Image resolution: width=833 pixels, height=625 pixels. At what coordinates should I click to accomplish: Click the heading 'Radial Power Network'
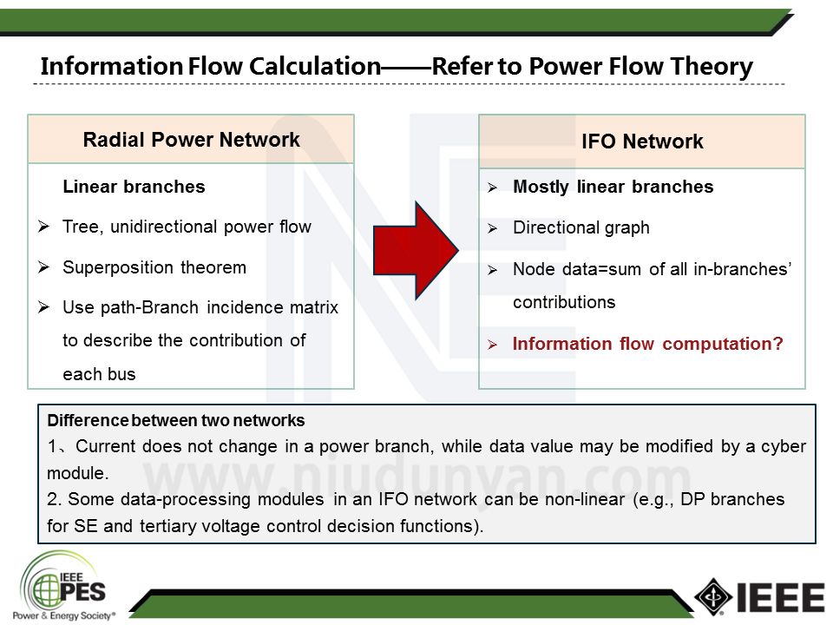[191, 140]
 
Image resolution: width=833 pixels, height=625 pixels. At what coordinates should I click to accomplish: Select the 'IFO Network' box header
[642, 141]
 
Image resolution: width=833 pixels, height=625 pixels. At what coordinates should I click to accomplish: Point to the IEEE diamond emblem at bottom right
[713, 596]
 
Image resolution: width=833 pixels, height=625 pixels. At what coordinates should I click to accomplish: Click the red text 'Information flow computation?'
[647, 344]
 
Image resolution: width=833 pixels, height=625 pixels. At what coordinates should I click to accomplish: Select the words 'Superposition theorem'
[154, 267]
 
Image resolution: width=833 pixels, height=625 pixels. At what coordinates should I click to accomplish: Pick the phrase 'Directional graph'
[581, 228]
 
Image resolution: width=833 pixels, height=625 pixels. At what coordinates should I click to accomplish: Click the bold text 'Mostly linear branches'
[613, 187]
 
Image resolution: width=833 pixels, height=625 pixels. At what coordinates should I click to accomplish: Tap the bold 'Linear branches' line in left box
[134, 187]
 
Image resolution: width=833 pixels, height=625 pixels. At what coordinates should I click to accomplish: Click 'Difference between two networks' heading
[176, 421]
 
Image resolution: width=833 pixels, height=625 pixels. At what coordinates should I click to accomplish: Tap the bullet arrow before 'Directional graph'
[492, 229]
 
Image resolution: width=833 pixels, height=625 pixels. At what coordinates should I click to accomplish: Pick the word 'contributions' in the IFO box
[564, 302]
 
